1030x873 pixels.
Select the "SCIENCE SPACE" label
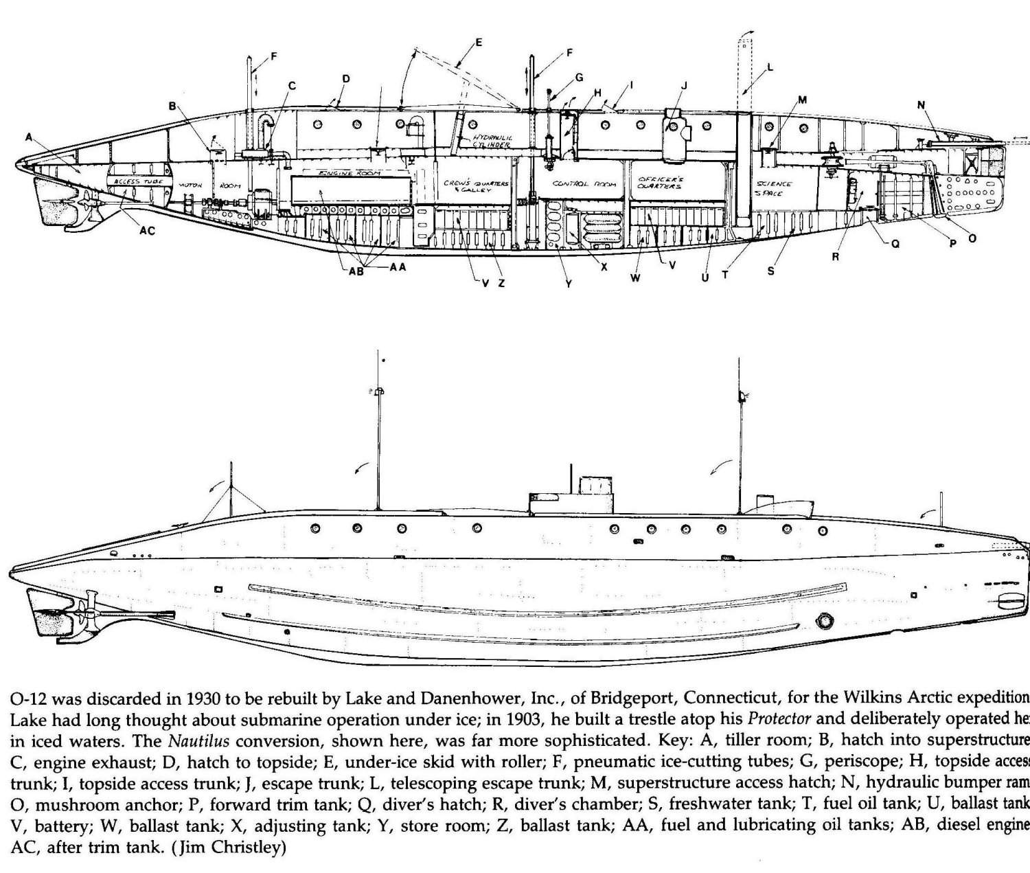click(774, 188)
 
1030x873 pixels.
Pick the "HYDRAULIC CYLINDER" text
click(492, 141)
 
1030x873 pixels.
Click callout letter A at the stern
click(29, 137)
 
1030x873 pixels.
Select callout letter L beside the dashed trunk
click(770, 67)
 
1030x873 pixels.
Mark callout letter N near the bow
click(921, 104)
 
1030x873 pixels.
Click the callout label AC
click(147, 231)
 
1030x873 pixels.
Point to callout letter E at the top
click(479, 43)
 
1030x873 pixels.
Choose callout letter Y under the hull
click(568, 282)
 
